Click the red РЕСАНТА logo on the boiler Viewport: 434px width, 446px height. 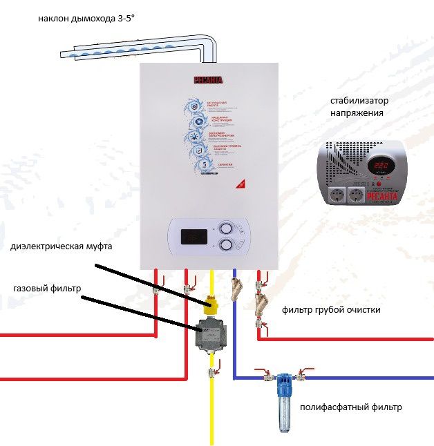point(208,81)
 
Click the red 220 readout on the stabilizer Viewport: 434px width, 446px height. point(380,166)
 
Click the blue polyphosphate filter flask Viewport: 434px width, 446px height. point(283,407)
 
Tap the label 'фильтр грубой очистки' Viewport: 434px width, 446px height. point(331,310)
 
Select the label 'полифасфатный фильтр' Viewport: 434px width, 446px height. point(350,407)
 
